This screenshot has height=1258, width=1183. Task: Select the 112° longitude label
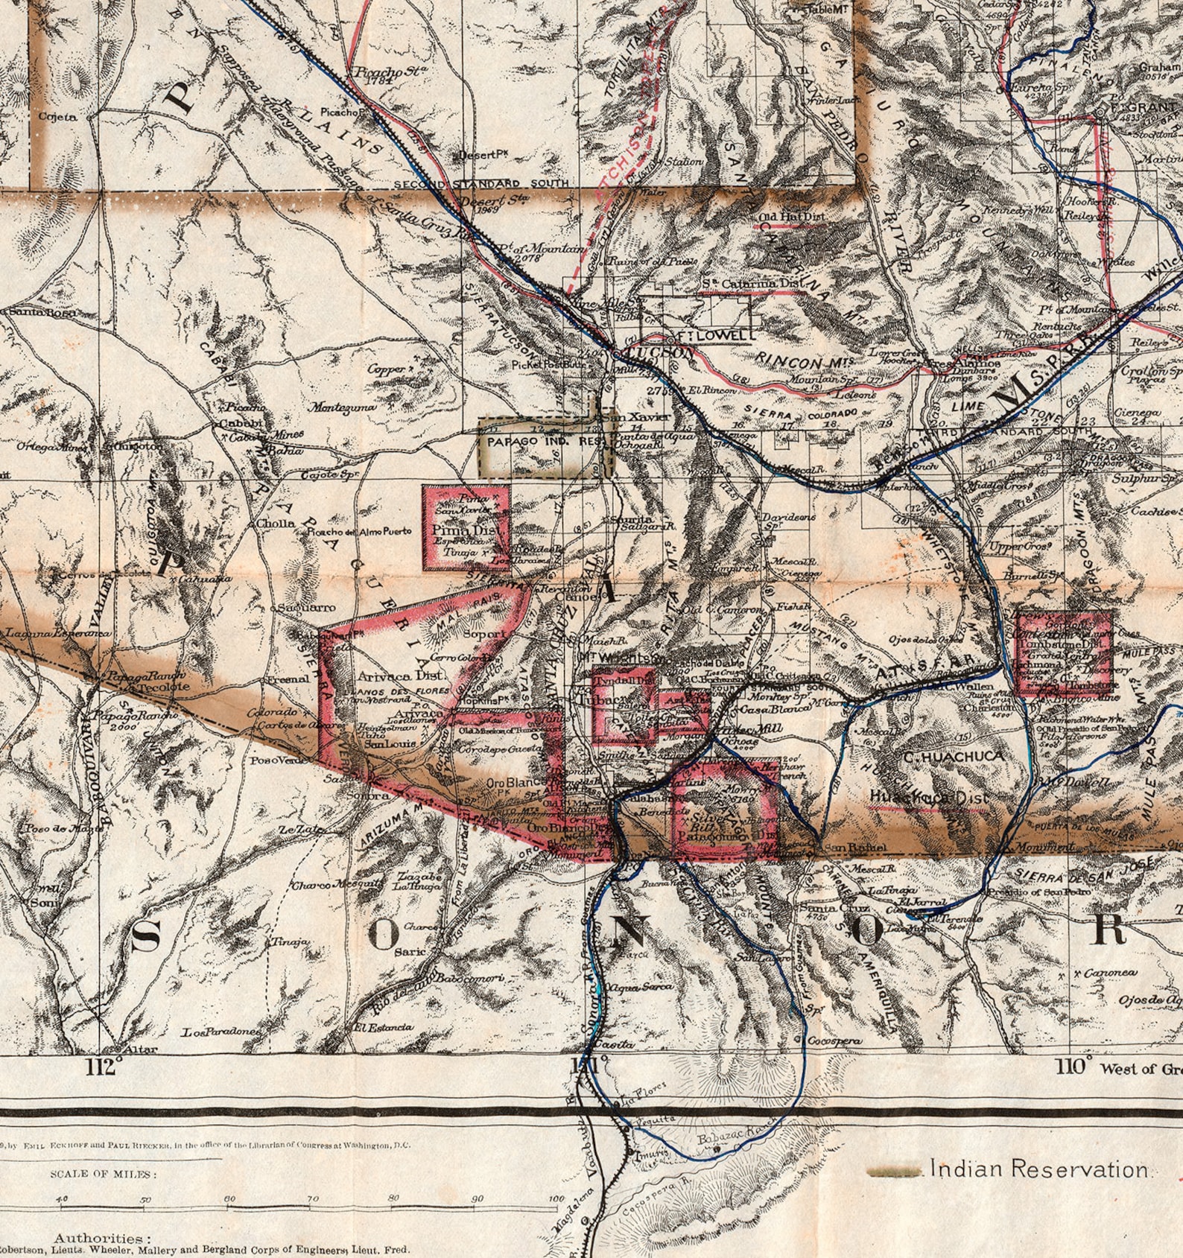point(103,1067)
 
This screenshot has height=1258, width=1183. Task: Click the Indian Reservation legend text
point(1039,1169)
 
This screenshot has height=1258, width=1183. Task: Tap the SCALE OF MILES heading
point(104,1174)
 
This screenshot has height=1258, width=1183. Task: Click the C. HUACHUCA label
point(954,757)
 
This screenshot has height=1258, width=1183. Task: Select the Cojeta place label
point(57,116)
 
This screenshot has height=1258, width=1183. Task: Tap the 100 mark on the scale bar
point(556,1198)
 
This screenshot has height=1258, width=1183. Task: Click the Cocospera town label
point(834,1041)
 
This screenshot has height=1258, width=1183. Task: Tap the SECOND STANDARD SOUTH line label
point(481,183)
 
